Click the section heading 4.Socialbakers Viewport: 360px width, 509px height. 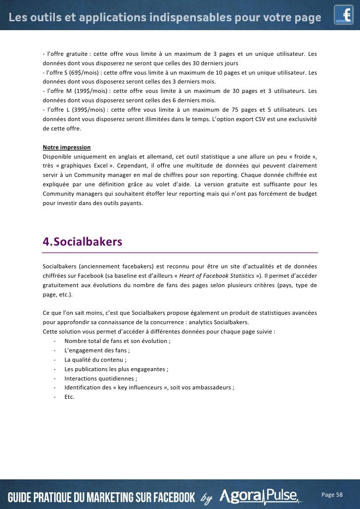click(x=82, y=242)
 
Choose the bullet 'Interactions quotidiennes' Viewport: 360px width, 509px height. click(x=100, y=378)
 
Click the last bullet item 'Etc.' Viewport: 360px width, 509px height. click(x=69, y=396)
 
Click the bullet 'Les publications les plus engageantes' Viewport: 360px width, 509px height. click(x=116, y=369)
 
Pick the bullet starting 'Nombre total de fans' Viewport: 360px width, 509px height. click(x=116, y=340)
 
